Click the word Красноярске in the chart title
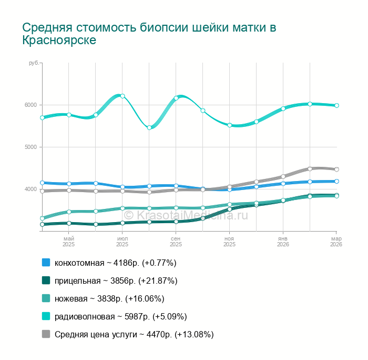click(59, 41)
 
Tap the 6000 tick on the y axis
click(30, 105)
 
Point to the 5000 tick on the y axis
click(30, 147)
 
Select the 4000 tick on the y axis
click(30, 189)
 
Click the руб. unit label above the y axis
click(34, 63)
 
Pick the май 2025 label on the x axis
click(68, 242)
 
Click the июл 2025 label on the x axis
click(122, 242)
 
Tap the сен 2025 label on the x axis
click(176, 242)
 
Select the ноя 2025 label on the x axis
click(229, 242)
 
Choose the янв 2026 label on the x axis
click(283, 242)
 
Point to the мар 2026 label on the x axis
click(336, 242)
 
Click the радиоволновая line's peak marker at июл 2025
click(122, 96)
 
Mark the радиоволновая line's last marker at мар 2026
click(336, 105)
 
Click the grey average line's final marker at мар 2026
click(336, 169)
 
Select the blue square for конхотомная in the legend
click(46, 263)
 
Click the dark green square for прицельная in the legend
click(46, 281)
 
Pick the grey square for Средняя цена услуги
click(46, 334)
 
